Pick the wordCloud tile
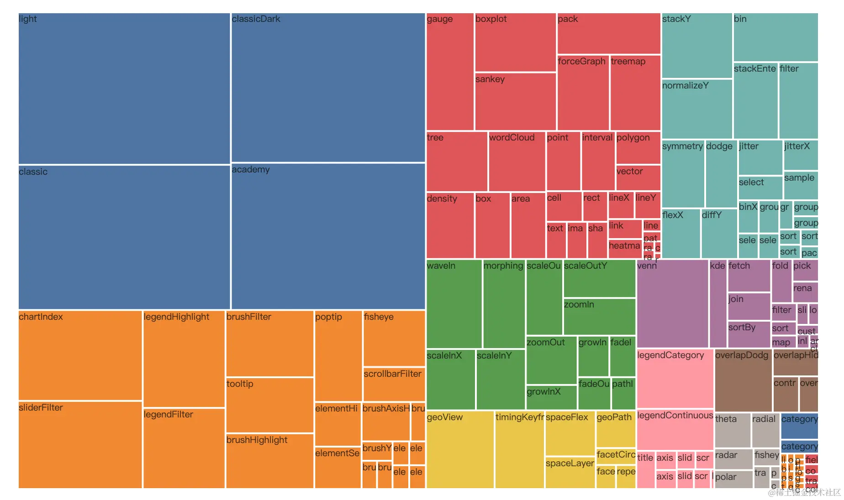coord(517,162)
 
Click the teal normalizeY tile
coord(696,109)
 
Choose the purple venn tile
coord(672,303)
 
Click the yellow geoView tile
coord(460,449)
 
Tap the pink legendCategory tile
coord(675,378)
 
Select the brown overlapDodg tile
coord(743,380)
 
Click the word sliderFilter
coord(41,408)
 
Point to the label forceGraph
coord(581,62)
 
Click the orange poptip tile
coord(338,356)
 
